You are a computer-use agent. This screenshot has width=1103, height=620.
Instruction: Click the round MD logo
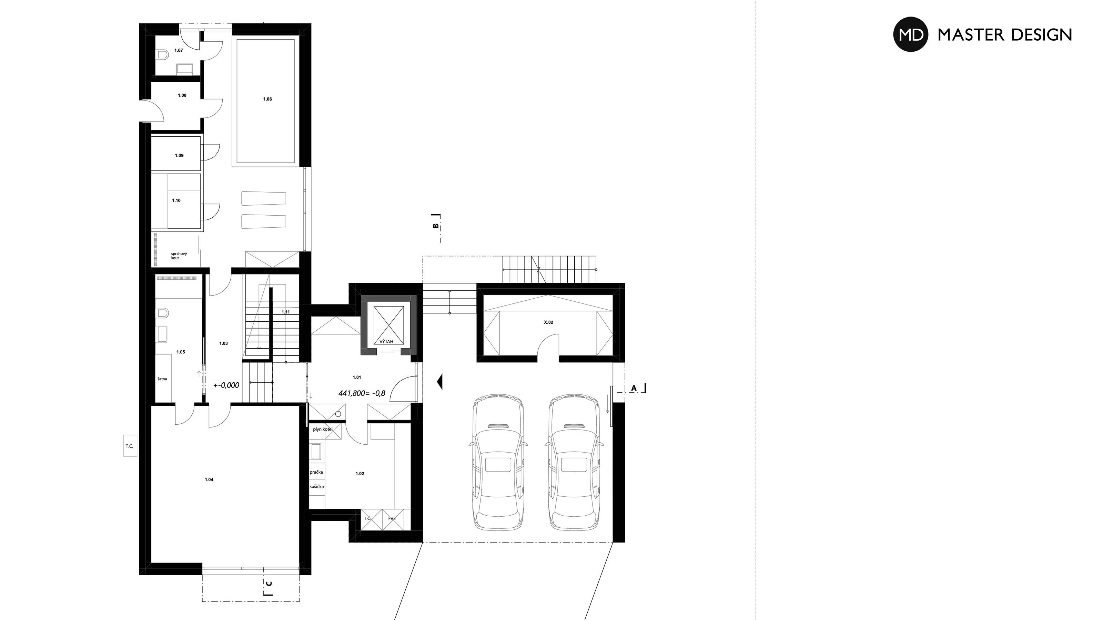(x=911, y=34)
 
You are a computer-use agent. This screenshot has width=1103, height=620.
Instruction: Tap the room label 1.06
(x=267, y=99)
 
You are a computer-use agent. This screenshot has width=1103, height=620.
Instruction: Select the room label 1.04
(x=209, y=480)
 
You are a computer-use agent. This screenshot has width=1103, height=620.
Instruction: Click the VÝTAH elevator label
(x=386, y=341)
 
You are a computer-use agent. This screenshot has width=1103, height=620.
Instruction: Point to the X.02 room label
(x=548, y=322)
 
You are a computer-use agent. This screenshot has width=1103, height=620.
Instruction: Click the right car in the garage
(x=575, y=463)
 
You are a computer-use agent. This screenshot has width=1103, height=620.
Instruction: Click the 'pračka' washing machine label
(x=316, y=472)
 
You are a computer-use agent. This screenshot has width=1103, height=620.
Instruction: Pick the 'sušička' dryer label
(x=317, y=486)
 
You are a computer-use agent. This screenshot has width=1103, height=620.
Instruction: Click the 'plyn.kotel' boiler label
(x=323, y=429)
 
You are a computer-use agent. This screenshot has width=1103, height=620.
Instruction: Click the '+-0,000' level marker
(x=226, y=385)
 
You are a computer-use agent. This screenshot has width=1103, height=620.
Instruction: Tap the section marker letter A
(x=634, y=388)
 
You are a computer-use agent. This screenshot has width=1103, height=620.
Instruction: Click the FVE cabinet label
(x=392, y=518)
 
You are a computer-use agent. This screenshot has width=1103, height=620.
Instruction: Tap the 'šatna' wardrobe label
(x=162, y=379)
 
